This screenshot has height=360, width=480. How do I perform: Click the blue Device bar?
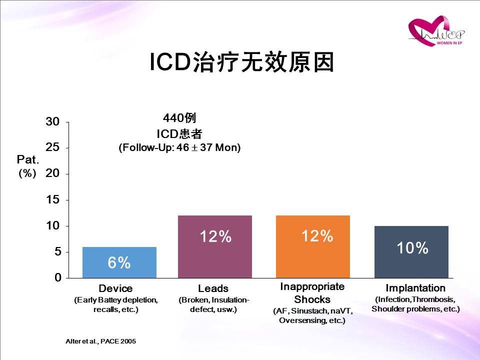[119, 262]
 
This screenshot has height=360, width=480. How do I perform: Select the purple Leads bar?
[215, 246]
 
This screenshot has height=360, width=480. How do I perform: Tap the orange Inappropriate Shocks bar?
[313, 246]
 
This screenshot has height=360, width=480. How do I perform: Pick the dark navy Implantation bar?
[411, 252]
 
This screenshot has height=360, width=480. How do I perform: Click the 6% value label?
[119, 262]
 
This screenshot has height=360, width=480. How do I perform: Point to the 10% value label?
[412, 247]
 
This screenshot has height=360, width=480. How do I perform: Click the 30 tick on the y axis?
[52, 121]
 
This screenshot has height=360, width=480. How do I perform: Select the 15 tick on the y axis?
[52, 199]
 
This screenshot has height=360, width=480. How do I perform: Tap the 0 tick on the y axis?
[58, 277]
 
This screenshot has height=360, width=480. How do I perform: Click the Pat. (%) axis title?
[28, 166]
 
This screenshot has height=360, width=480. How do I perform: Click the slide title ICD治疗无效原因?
[241, 62]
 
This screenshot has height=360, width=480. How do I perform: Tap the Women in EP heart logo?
[436, 31]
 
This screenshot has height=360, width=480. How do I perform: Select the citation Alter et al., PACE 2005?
[100, 341]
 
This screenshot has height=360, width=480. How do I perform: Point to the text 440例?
[179, 117]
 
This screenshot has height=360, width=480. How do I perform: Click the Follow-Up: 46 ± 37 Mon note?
[179, 147]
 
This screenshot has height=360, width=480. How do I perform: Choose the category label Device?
[115, 288]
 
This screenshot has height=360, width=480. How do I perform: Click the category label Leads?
[213, 288]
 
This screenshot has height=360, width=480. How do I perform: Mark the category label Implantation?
[415, 288]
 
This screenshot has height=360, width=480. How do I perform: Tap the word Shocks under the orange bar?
[312, 299]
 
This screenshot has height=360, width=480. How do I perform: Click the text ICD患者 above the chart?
[179, 134]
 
